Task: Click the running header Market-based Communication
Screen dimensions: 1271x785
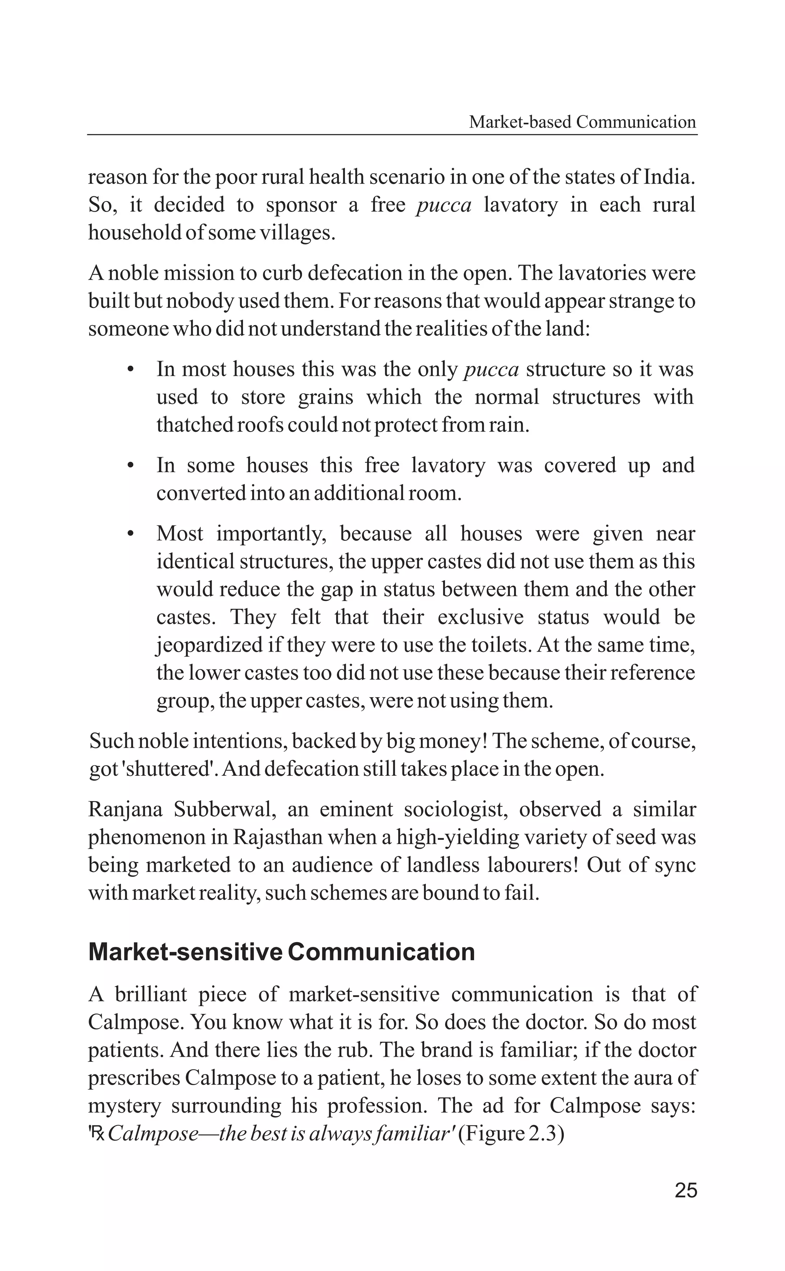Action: point(582,123)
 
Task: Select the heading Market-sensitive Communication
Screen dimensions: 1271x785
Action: point(281,952)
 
